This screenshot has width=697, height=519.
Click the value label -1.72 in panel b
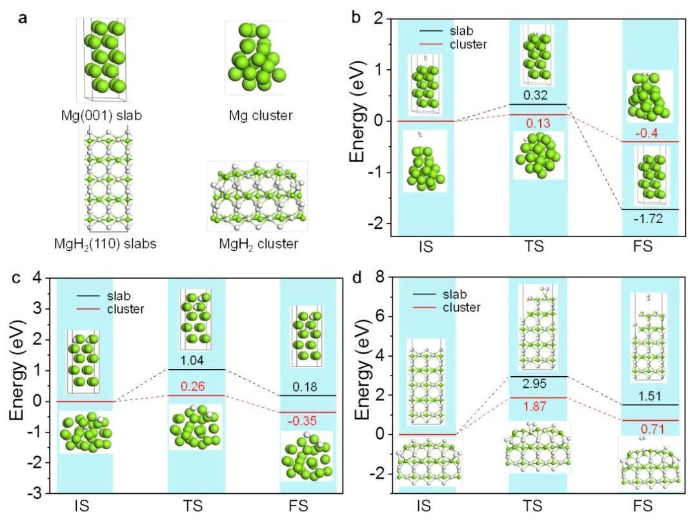648,218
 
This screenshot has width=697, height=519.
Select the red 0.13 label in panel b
538,123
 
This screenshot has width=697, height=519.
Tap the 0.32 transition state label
535,95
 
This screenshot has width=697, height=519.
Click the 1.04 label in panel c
192,360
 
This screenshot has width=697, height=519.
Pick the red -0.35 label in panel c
302,421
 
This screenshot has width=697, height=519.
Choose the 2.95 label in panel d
534,384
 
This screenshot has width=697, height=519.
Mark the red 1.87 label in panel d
534,407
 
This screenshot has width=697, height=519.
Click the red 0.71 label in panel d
652,429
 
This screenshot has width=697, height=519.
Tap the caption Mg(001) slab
101,116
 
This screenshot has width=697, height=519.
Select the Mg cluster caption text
261,116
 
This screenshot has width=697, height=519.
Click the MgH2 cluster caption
258,244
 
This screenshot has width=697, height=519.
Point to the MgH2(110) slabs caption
105,244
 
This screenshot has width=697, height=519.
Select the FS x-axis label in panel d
643,506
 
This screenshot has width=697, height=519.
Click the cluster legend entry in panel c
110,309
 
